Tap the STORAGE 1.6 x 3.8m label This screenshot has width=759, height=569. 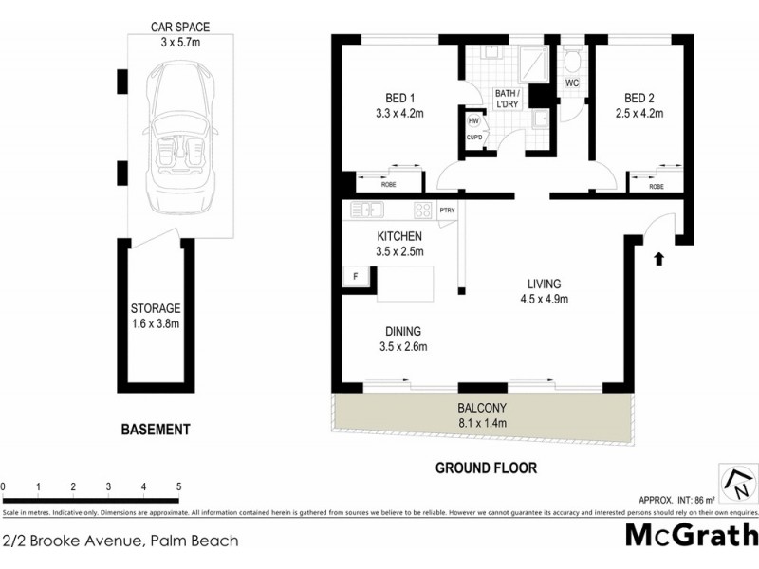pos(156,316)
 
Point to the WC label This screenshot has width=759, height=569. pos(572,83)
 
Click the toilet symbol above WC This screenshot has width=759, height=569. pos(572,61)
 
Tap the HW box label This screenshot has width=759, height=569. pos(473,119)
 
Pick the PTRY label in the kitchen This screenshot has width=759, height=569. pos(447,211)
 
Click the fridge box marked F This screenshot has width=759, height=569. pos(355,277)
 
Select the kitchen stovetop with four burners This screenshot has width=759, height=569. pos(423,211)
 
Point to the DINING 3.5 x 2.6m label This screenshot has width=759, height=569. pos(402,339)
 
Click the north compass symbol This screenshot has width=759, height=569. pos(736,485)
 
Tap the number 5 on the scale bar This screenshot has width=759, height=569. pos(178,487)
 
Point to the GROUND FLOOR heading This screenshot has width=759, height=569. pos(485,468)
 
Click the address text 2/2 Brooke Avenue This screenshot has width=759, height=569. pos(120,542)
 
